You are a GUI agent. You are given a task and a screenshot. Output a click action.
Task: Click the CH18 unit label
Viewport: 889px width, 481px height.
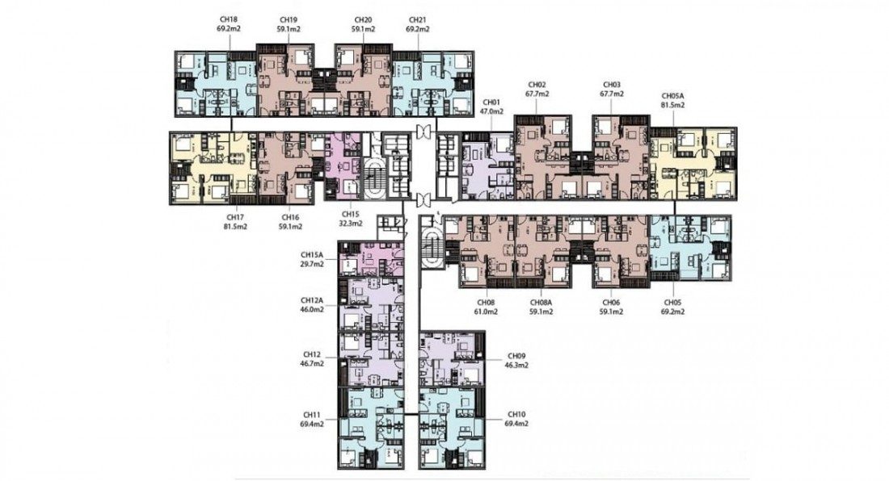229,20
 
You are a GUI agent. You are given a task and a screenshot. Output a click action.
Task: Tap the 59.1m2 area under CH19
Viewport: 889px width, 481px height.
289,29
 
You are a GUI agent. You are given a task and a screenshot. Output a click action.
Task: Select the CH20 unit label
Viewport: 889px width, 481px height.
362,20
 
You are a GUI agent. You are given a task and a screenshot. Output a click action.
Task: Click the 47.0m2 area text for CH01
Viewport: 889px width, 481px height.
491,111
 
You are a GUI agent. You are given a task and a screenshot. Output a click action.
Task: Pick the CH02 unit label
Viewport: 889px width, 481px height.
537,85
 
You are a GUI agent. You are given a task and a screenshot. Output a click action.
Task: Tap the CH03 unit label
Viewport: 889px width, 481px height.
612,85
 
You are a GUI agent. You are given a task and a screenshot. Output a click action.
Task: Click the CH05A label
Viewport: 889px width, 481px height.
673,96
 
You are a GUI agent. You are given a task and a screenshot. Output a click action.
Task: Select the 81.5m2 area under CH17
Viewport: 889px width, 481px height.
234,226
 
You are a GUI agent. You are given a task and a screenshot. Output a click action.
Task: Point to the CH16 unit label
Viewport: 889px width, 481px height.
289,217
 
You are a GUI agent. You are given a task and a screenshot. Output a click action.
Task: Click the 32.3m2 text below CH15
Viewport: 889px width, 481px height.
351,224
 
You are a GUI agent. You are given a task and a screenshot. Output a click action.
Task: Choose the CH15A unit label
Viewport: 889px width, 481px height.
312,255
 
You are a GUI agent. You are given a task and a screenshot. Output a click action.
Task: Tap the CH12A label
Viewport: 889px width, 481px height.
312,301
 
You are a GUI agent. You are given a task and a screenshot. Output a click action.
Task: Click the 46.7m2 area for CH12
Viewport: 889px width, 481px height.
312,363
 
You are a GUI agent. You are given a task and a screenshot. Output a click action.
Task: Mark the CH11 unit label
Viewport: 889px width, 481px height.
312,414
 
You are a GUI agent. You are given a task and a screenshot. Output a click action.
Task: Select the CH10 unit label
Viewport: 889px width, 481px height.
516,414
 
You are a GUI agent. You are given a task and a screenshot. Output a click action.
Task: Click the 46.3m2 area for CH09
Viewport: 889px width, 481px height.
516,365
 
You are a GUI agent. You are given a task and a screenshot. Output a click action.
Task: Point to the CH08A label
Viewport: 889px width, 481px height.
541,302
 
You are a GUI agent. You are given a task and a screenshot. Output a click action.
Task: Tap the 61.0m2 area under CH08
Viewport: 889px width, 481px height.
487,312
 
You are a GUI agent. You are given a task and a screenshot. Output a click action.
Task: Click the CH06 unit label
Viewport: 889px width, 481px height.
611,302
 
